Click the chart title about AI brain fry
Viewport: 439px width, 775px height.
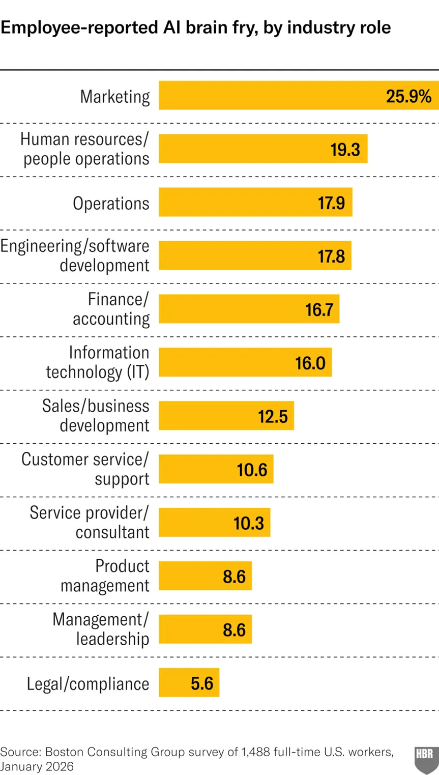click(196, 27)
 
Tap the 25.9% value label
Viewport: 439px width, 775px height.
click(408, 96)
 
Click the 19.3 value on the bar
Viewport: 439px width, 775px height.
click(345, 150)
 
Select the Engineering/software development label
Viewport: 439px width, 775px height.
click(75, 255)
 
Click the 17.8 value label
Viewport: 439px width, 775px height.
click(331, 256)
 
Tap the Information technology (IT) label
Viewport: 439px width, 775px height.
click(98, 362)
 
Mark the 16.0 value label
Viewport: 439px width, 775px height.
click(310, 363)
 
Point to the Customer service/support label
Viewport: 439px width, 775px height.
click(85, 469)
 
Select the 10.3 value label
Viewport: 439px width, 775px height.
click(249, 523)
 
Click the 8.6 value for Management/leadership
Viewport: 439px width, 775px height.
click(234, 630)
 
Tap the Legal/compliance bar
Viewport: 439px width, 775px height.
click(189, 682)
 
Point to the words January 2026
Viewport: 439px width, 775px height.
click(37, 766)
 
